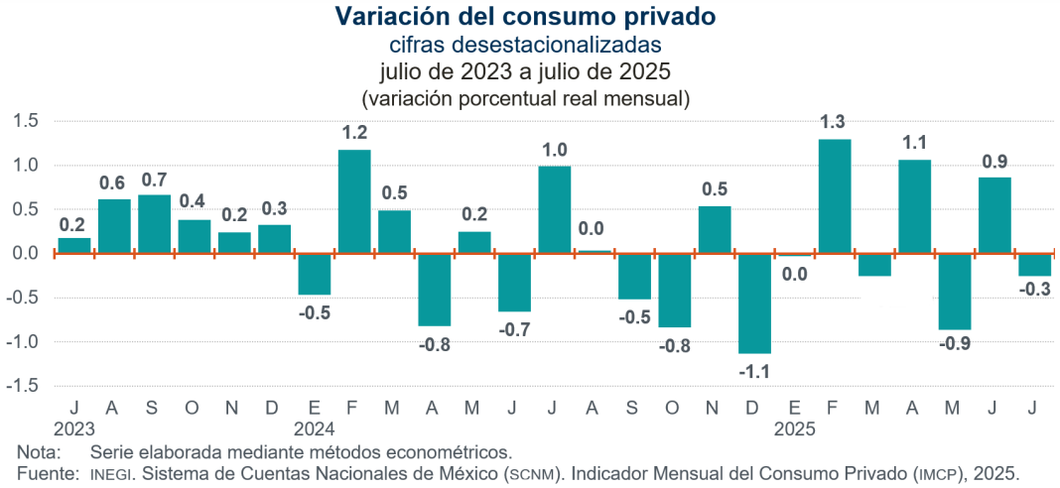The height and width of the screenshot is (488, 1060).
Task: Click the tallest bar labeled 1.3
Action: click(835, 196)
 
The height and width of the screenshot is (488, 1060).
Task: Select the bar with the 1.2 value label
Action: click(354, 201)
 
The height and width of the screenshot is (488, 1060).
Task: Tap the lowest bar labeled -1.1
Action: click(754, 304)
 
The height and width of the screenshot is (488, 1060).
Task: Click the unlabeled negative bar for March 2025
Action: click(874, 265)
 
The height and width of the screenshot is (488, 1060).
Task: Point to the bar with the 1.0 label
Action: click(555, 209)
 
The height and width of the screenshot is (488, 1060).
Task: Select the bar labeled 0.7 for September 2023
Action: click(154, 223)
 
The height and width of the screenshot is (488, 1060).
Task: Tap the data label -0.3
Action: click(1034, 290)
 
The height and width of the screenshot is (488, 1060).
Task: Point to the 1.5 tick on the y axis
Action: click(26, 121)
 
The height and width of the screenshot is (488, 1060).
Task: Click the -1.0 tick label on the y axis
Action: click(24, 341)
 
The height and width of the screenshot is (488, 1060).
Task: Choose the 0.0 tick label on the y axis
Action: click(26, 253)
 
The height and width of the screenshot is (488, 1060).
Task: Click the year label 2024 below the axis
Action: click(315, 429)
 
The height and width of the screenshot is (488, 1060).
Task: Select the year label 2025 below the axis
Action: click(795, 429)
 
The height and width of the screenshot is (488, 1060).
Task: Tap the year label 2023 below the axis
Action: click(74, 429)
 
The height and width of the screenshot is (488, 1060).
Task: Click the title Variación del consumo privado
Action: click(525, 17)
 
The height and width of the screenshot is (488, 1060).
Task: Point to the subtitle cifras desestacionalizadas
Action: click(525, 46)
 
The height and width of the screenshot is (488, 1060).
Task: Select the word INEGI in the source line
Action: click(110, 474)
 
